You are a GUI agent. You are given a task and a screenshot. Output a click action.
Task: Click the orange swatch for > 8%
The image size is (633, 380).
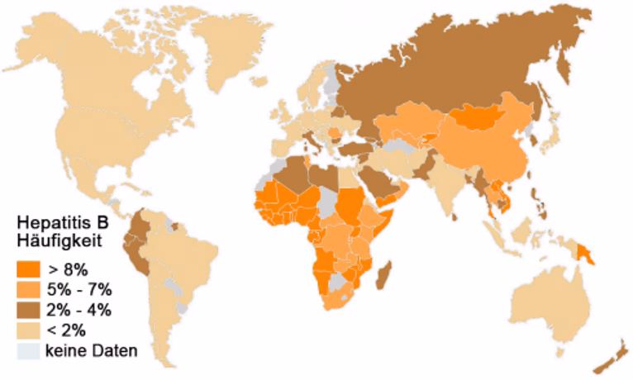[x=28, y=268]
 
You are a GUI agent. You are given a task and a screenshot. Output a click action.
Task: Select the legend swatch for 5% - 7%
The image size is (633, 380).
[x=28, y=289]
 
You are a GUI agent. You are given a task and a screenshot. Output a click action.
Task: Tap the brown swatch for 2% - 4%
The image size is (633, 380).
[x=28, y=310]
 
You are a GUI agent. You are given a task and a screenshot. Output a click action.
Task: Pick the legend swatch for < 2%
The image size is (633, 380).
[x=28, y=330]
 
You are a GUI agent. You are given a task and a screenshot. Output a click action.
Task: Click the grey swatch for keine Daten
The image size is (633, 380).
[x=28, y=351]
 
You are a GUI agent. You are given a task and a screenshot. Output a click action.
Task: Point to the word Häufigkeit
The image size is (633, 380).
[x=59, y=241]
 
